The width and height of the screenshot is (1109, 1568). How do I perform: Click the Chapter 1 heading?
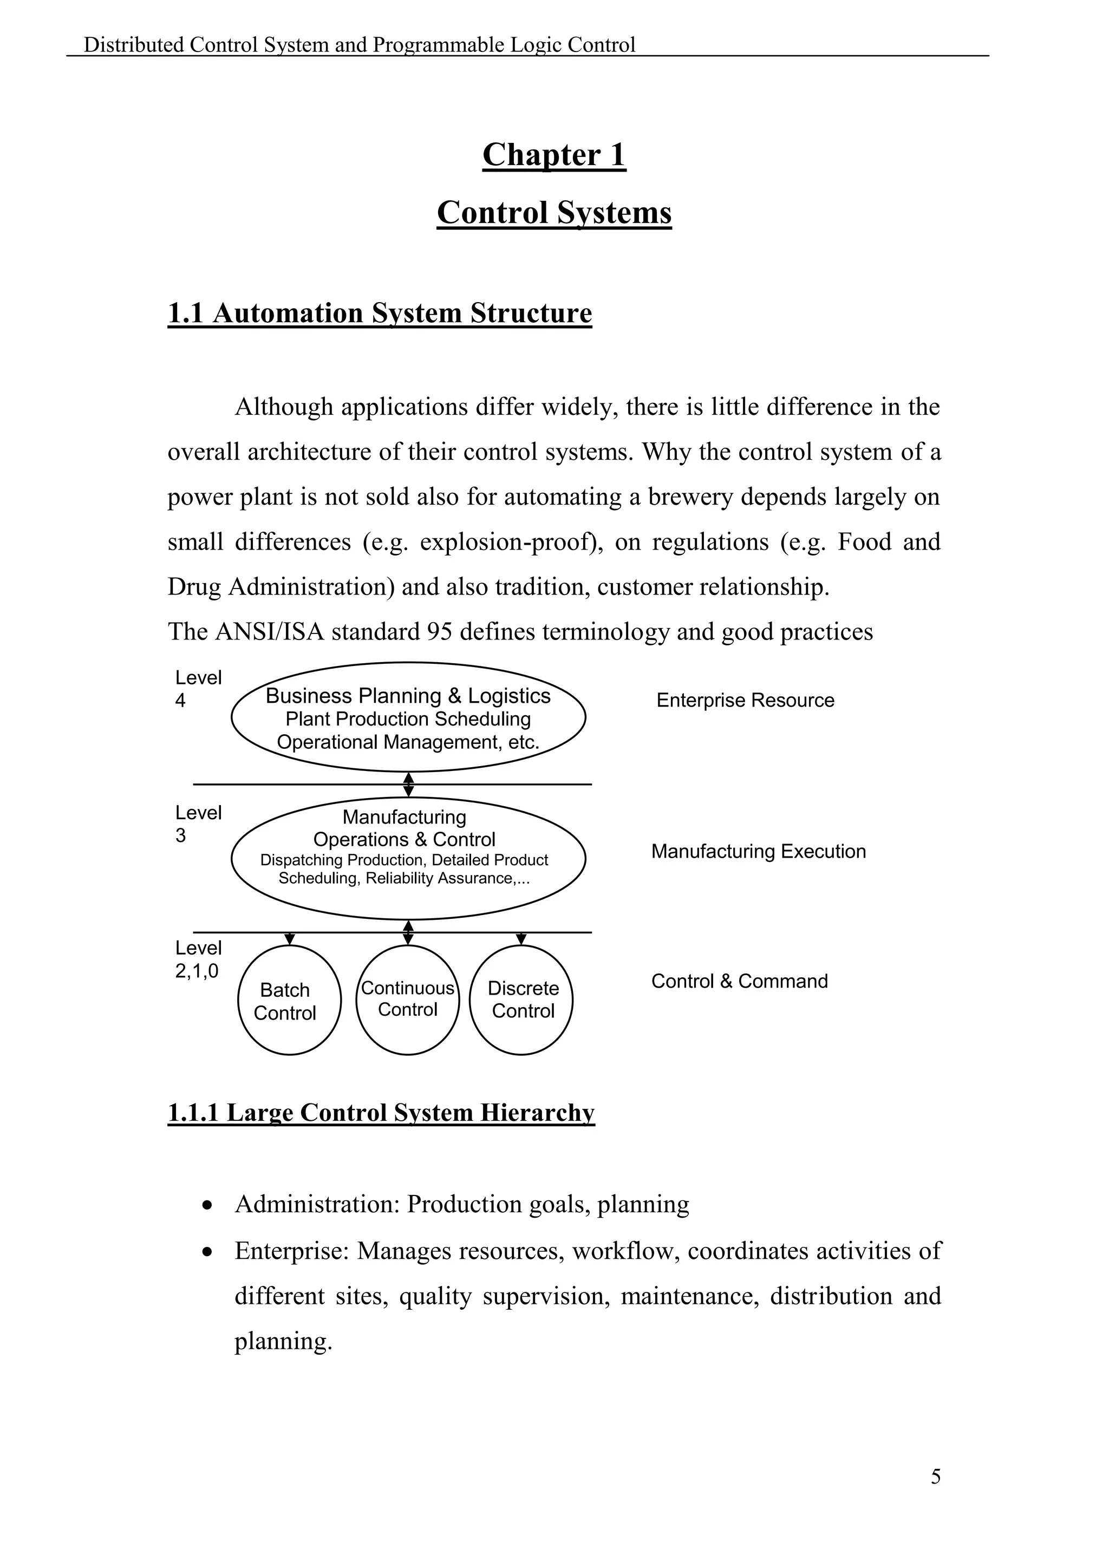[554, 155]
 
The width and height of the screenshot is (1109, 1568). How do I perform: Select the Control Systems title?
[554, 212]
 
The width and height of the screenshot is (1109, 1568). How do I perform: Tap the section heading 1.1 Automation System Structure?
[380, 313]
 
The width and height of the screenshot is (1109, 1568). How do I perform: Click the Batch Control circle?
[289, 1001]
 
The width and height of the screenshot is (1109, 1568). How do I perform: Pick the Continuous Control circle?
[408, 1000]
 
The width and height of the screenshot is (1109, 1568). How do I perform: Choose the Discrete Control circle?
[521, 1000]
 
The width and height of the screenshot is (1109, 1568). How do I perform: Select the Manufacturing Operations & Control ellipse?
[408, 858]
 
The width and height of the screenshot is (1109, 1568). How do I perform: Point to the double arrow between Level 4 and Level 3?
[408, 785]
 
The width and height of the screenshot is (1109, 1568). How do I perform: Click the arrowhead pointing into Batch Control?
[290, 940]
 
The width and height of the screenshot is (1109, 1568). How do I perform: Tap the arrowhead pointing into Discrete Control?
[521, 940]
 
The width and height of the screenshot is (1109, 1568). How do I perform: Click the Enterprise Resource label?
[745, 701]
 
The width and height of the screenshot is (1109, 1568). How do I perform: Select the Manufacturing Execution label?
[758, 852]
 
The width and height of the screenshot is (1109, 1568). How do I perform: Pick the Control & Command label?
[739, 982]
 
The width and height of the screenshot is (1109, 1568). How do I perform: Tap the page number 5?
[936, 1477]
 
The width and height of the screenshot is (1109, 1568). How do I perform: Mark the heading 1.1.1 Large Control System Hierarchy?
[381, 1113]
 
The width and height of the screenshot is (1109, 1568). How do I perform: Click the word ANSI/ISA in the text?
[270, 632]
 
